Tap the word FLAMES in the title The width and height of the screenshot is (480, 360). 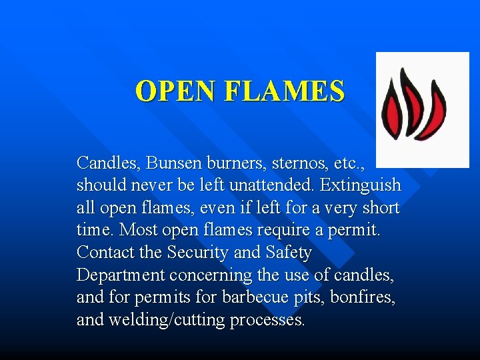287,91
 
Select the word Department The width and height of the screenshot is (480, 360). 121,275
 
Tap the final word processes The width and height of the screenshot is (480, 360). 267,321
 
